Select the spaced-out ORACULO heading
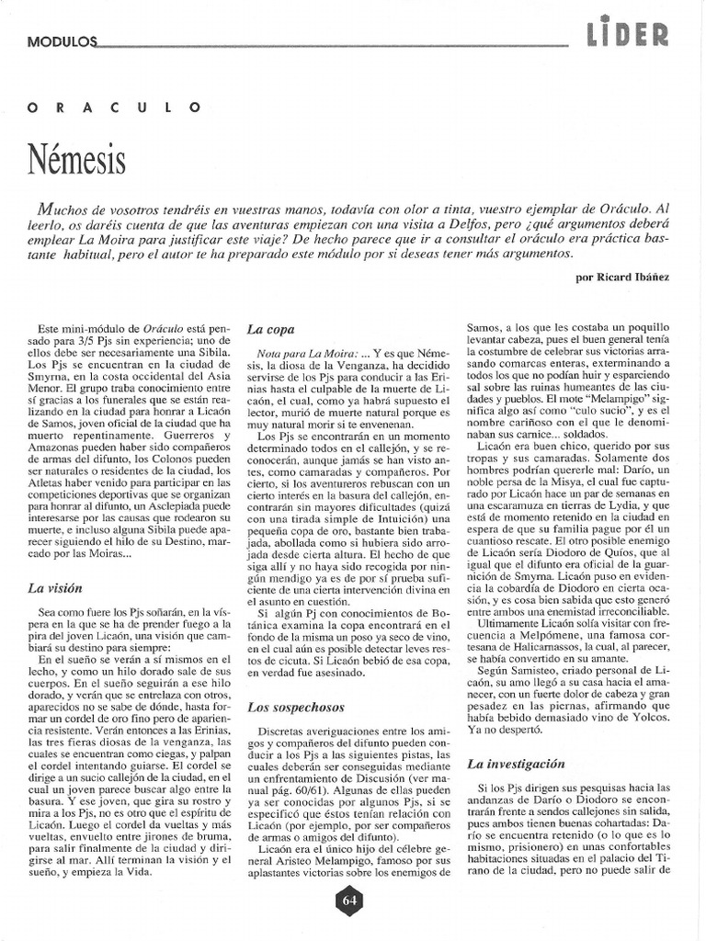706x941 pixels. pos(115,107)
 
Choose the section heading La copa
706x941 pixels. pos(270,328)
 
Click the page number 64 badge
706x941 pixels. pos(349,900)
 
